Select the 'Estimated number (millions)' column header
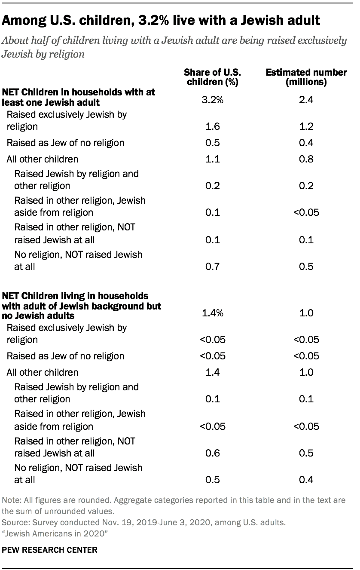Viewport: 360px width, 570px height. coord(306,77)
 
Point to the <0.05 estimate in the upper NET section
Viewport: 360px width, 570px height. coord(306,213)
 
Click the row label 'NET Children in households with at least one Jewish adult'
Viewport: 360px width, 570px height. coord(79,97)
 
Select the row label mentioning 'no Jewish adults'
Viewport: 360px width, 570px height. coord(82,306)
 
